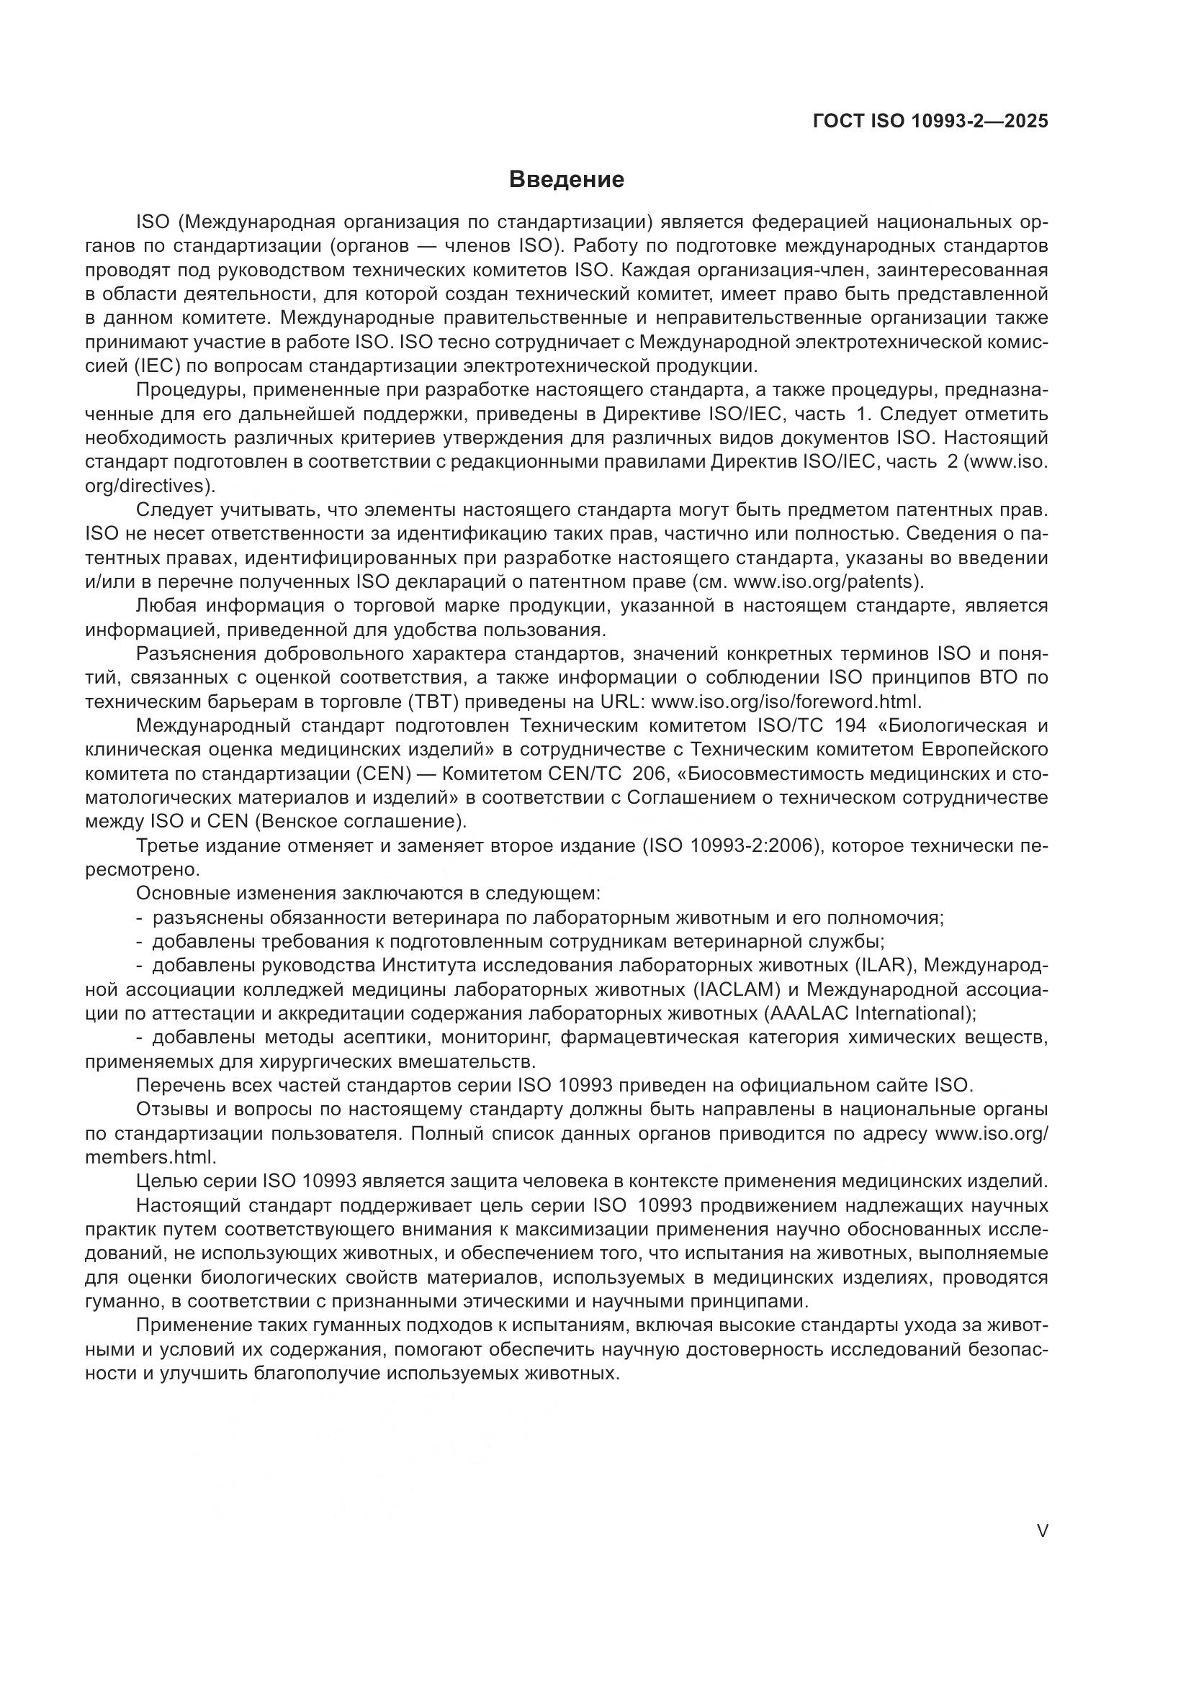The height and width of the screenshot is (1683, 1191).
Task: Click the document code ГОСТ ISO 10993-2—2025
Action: tap(930, 122)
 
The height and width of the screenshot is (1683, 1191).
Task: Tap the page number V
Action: tap(1042, 1530)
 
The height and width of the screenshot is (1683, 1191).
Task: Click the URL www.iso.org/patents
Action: tap(825, 582)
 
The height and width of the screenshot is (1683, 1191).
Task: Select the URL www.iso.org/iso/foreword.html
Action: tap(784, 702)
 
